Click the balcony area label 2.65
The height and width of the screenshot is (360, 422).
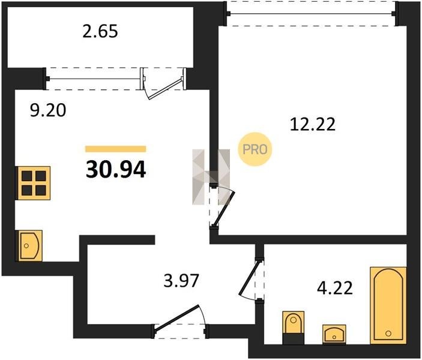(100, 31)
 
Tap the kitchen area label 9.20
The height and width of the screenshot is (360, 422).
(48, 110)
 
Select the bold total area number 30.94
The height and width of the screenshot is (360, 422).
(116, 170)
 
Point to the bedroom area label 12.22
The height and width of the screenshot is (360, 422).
(313, 124)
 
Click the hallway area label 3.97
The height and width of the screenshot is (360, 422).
(181, 280)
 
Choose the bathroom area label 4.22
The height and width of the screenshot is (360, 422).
(335, 288)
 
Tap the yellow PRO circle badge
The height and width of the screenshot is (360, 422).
(255, 149)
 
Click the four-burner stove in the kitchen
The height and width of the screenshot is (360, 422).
(34, 183)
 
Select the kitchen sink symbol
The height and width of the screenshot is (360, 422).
(29, 245)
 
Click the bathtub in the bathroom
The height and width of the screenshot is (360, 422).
(388, 305)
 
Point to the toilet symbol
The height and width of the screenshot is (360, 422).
(294, 328)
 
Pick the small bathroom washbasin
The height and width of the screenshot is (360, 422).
(334, 334)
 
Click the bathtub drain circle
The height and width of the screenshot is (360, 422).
(388, 334)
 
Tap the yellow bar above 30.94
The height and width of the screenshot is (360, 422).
(116, 149)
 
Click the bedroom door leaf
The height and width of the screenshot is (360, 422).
(225, 209)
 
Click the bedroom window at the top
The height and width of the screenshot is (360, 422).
(311, 13)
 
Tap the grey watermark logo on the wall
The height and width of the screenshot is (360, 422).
(211, 177)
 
